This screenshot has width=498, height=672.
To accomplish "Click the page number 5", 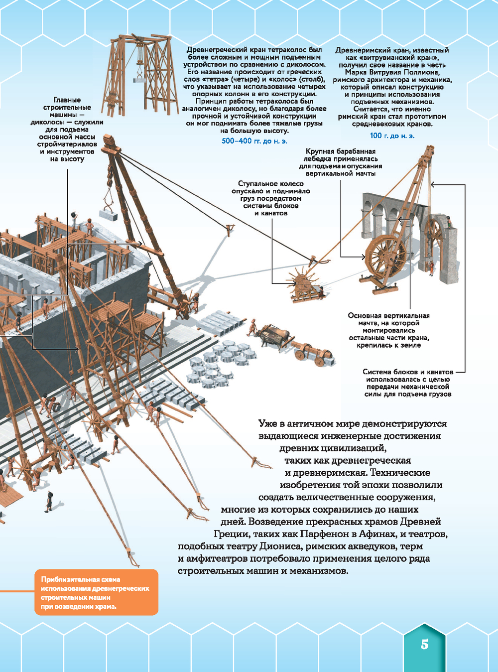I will [424, 644].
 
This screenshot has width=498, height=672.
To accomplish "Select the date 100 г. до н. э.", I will [392, 135].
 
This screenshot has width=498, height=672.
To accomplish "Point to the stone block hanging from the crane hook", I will [108, 215].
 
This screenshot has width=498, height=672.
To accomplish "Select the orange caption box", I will [96, 592].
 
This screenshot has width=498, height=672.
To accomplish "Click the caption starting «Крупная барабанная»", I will [341, 162].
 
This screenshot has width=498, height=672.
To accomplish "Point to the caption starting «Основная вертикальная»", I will [388, 330].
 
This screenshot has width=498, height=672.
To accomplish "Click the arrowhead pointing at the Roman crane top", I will [433, 185].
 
